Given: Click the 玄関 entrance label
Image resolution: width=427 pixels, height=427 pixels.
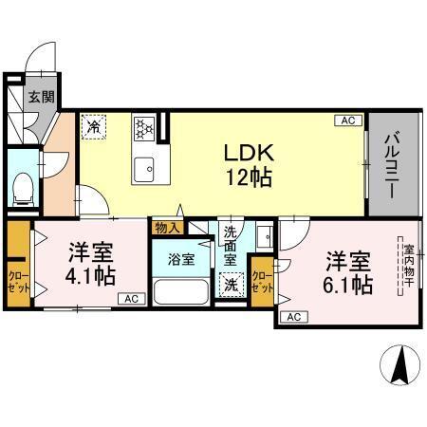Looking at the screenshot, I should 40,96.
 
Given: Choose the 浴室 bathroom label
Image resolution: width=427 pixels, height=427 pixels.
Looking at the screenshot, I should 181,257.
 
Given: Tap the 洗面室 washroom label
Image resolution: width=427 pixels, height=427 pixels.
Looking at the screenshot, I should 231,244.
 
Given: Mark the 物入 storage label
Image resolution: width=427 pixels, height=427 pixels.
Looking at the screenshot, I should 166,228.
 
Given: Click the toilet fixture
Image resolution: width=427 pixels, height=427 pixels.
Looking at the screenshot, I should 23,187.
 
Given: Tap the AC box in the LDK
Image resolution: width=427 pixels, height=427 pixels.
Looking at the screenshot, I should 347,121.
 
